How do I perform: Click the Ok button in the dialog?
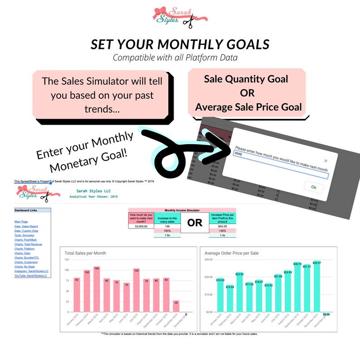click(313, 186)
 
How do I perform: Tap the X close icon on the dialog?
click(326, 161)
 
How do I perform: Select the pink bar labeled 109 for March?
click(96, 290)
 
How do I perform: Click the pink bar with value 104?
click(136, 291)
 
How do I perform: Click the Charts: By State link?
click(26, 267)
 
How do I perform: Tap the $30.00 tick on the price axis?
click(209, 260)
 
